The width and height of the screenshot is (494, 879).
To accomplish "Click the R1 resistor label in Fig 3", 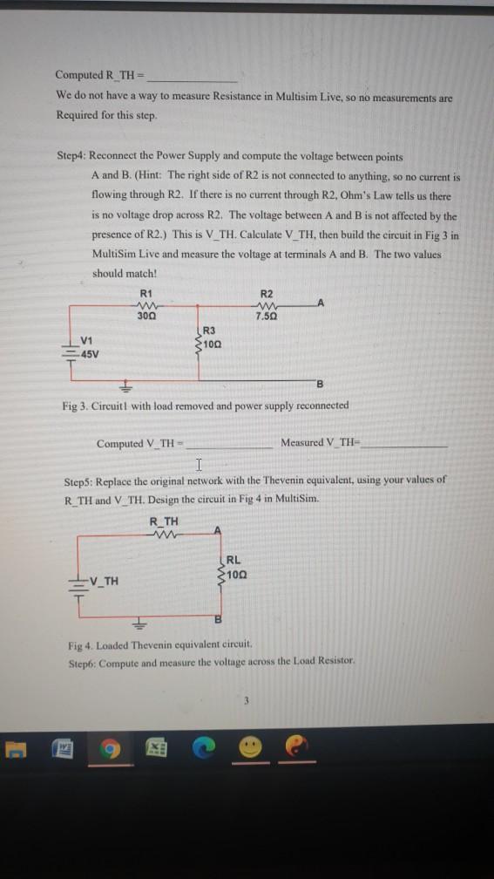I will click(145, 293).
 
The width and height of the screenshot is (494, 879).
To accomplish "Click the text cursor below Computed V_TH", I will click(200, 463).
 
